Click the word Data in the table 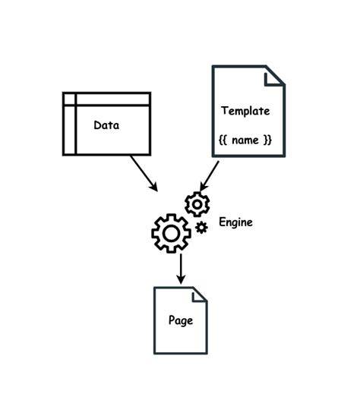pos(106,125)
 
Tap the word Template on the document pos(245,111)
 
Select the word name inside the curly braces pos(245,140)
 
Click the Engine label pos(235,222)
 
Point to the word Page pos(181,320)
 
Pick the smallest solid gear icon pos(201,228)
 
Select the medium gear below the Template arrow pos(197,204)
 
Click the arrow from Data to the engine pos(144,173)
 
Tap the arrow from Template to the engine pos(210,176)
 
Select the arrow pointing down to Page pos(181,269)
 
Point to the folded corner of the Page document pos(199,295)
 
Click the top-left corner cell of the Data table pos(70,99)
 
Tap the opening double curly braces pos(223,140)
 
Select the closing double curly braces pos(267,140)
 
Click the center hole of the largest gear pos(171,233)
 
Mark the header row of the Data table pos(107,99)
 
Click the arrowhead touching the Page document pos(181,279)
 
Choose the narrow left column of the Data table pos(70,124)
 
